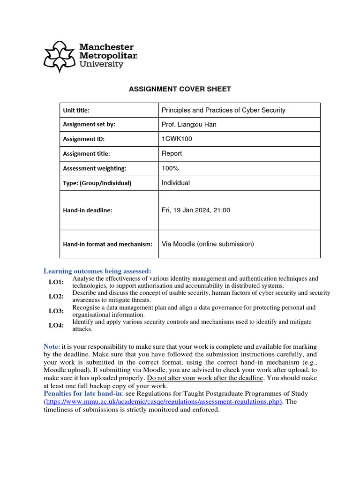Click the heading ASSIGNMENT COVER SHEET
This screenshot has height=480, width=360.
pos(180,89)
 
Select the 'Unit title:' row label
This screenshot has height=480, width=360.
pos(76,111)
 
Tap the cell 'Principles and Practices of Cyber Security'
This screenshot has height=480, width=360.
pos(223,110)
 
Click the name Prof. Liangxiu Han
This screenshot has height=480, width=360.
pos(189,125)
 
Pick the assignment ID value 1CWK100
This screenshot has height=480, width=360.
pos(177,139)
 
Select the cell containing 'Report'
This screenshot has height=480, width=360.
pos(172,154)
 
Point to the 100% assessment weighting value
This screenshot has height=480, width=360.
pos(170,168)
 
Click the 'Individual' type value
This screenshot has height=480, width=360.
pos(176,183)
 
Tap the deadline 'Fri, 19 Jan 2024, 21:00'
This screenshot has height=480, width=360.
pos(196,210)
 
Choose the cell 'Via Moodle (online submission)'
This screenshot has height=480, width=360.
pos(208,244)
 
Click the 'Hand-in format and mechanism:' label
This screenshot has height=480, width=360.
pos(108,244)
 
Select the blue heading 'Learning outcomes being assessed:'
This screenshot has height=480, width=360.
pos(97,271)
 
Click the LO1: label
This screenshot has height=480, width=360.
pos(56,282)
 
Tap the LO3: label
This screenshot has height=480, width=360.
pos(56,311)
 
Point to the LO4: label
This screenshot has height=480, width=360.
pos(56,325)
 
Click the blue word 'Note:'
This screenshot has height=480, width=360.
pos(52,346)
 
